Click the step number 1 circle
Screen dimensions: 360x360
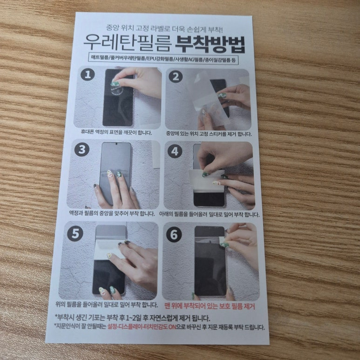coord(88,75)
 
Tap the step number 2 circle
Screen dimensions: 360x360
coord(176,76)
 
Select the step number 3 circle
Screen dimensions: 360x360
coord(82,149)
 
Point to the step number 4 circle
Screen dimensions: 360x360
coord(175,151)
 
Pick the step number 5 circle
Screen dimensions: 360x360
coord(75,234)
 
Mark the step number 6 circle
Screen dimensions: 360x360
coord(174,235)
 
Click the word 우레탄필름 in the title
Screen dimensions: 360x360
coord(128,43)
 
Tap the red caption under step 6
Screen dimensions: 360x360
coord(210,306)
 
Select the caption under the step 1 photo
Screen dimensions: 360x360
coord(116,132)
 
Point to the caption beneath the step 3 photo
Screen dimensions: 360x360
coord(112,213)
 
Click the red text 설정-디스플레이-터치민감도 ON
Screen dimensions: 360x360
coord(142,327)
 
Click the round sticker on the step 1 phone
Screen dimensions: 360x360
coord(117,88)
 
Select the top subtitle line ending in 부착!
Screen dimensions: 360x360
coord(164,28)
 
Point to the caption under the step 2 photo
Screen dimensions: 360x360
coord(209,134)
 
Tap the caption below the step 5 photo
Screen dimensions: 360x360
coord(107,305)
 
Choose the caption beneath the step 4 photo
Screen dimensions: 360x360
coord(209,214)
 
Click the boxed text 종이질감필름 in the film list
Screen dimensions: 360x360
coord(217,60)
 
